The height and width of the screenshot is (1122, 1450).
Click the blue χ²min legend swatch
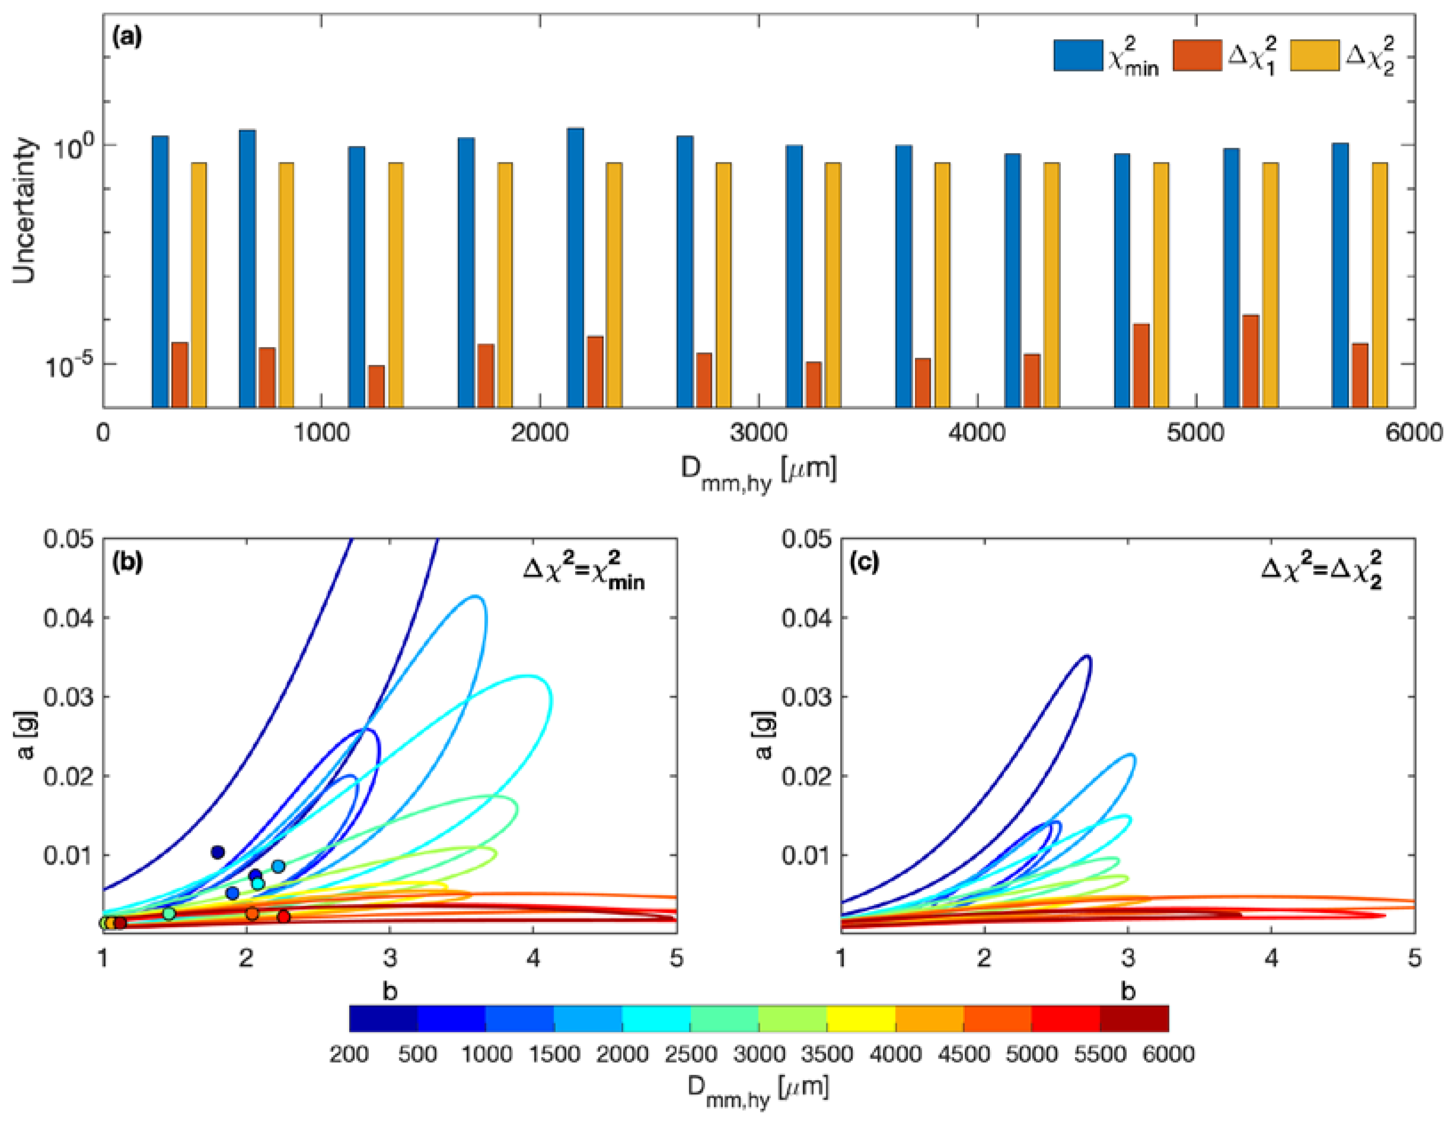1078,55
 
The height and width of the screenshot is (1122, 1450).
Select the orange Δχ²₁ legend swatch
1197,55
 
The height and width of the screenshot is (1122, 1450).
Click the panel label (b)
128,562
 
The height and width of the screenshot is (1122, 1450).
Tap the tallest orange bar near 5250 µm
1251,360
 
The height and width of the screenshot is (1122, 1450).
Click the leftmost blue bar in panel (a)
160,271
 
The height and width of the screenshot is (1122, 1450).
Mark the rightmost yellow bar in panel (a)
1380,285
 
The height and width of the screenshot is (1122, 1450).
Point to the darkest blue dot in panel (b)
217,852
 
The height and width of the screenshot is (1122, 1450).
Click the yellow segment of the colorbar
861,1018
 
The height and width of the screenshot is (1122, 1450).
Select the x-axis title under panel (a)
758,473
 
